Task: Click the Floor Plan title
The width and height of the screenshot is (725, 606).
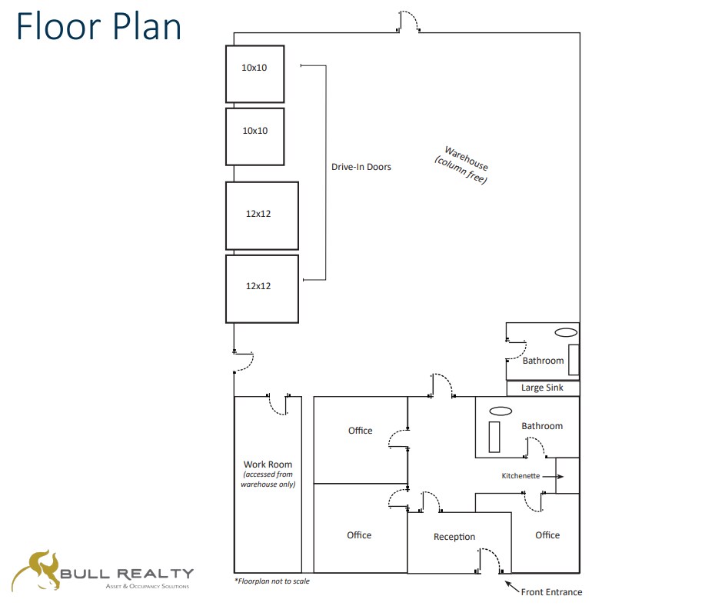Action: coord(98,26)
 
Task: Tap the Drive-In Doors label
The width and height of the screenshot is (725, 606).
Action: coord(361,167)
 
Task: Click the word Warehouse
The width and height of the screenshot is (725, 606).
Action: coord(466,158)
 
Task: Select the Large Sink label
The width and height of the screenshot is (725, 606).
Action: coord(542,388)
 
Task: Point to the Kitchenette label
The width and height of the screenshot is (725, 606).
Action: coord(520,476)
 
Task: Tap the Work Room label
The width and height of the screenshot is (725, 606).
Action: coord(268,464)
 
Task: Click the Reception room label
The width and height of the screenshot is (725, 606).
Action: coord(454,537)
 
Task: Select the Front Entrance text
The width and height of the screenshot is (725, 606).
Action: coord(551,592)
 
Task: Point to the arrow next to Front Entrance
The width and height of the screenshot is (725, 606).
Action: coord(511,588)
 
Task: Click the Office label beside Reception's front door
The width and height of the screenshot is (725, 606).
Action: coord(547,535)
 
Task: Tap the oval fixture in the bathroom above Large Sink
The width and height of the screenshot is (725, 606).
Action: coord(566,332)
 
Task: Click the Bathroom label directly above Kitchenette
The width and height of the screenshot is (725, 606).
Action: coord(542,426)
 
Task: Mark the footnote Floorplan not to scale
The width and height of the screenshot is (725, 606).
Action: coord(271,581)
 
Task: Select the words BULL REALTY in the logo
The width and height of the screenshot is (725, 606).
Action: coord(127,574)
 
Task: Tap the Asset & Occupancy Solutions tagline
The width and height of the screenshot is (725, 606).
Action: coord(147,587)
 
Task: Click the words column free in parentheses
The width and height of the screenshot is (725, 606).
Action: coord(461,170)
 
